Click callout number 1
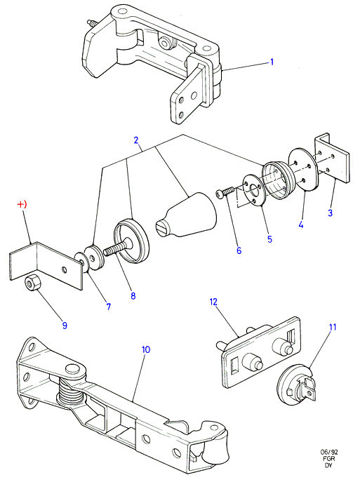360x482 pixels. tap(272, 62)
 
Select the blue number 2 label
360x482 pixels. tap(136, 140)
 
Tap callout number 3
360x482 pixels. tap(331, 213)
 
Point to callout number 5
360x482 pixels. tap(269, 239)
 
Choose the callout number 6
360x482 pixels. tap(239, 250)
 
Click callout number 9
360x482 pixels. tap(65, 326)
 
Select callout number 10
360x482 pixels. tap(146, 349)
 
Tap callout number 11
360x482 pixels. tap(333, 327)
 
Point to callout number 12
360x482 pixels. tap(213, 302)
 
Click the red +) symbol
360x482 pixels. tap(22, 204)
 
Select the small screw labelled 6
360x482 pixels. tap(225, 193)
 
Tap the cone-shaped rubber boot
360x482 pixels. tap(186, 216)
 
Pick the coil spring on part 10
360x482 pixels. tap(71, 392)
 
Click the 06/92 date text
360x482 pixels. tap(329, 453)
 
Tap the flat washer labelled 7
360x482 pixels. tap(81, 262)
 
